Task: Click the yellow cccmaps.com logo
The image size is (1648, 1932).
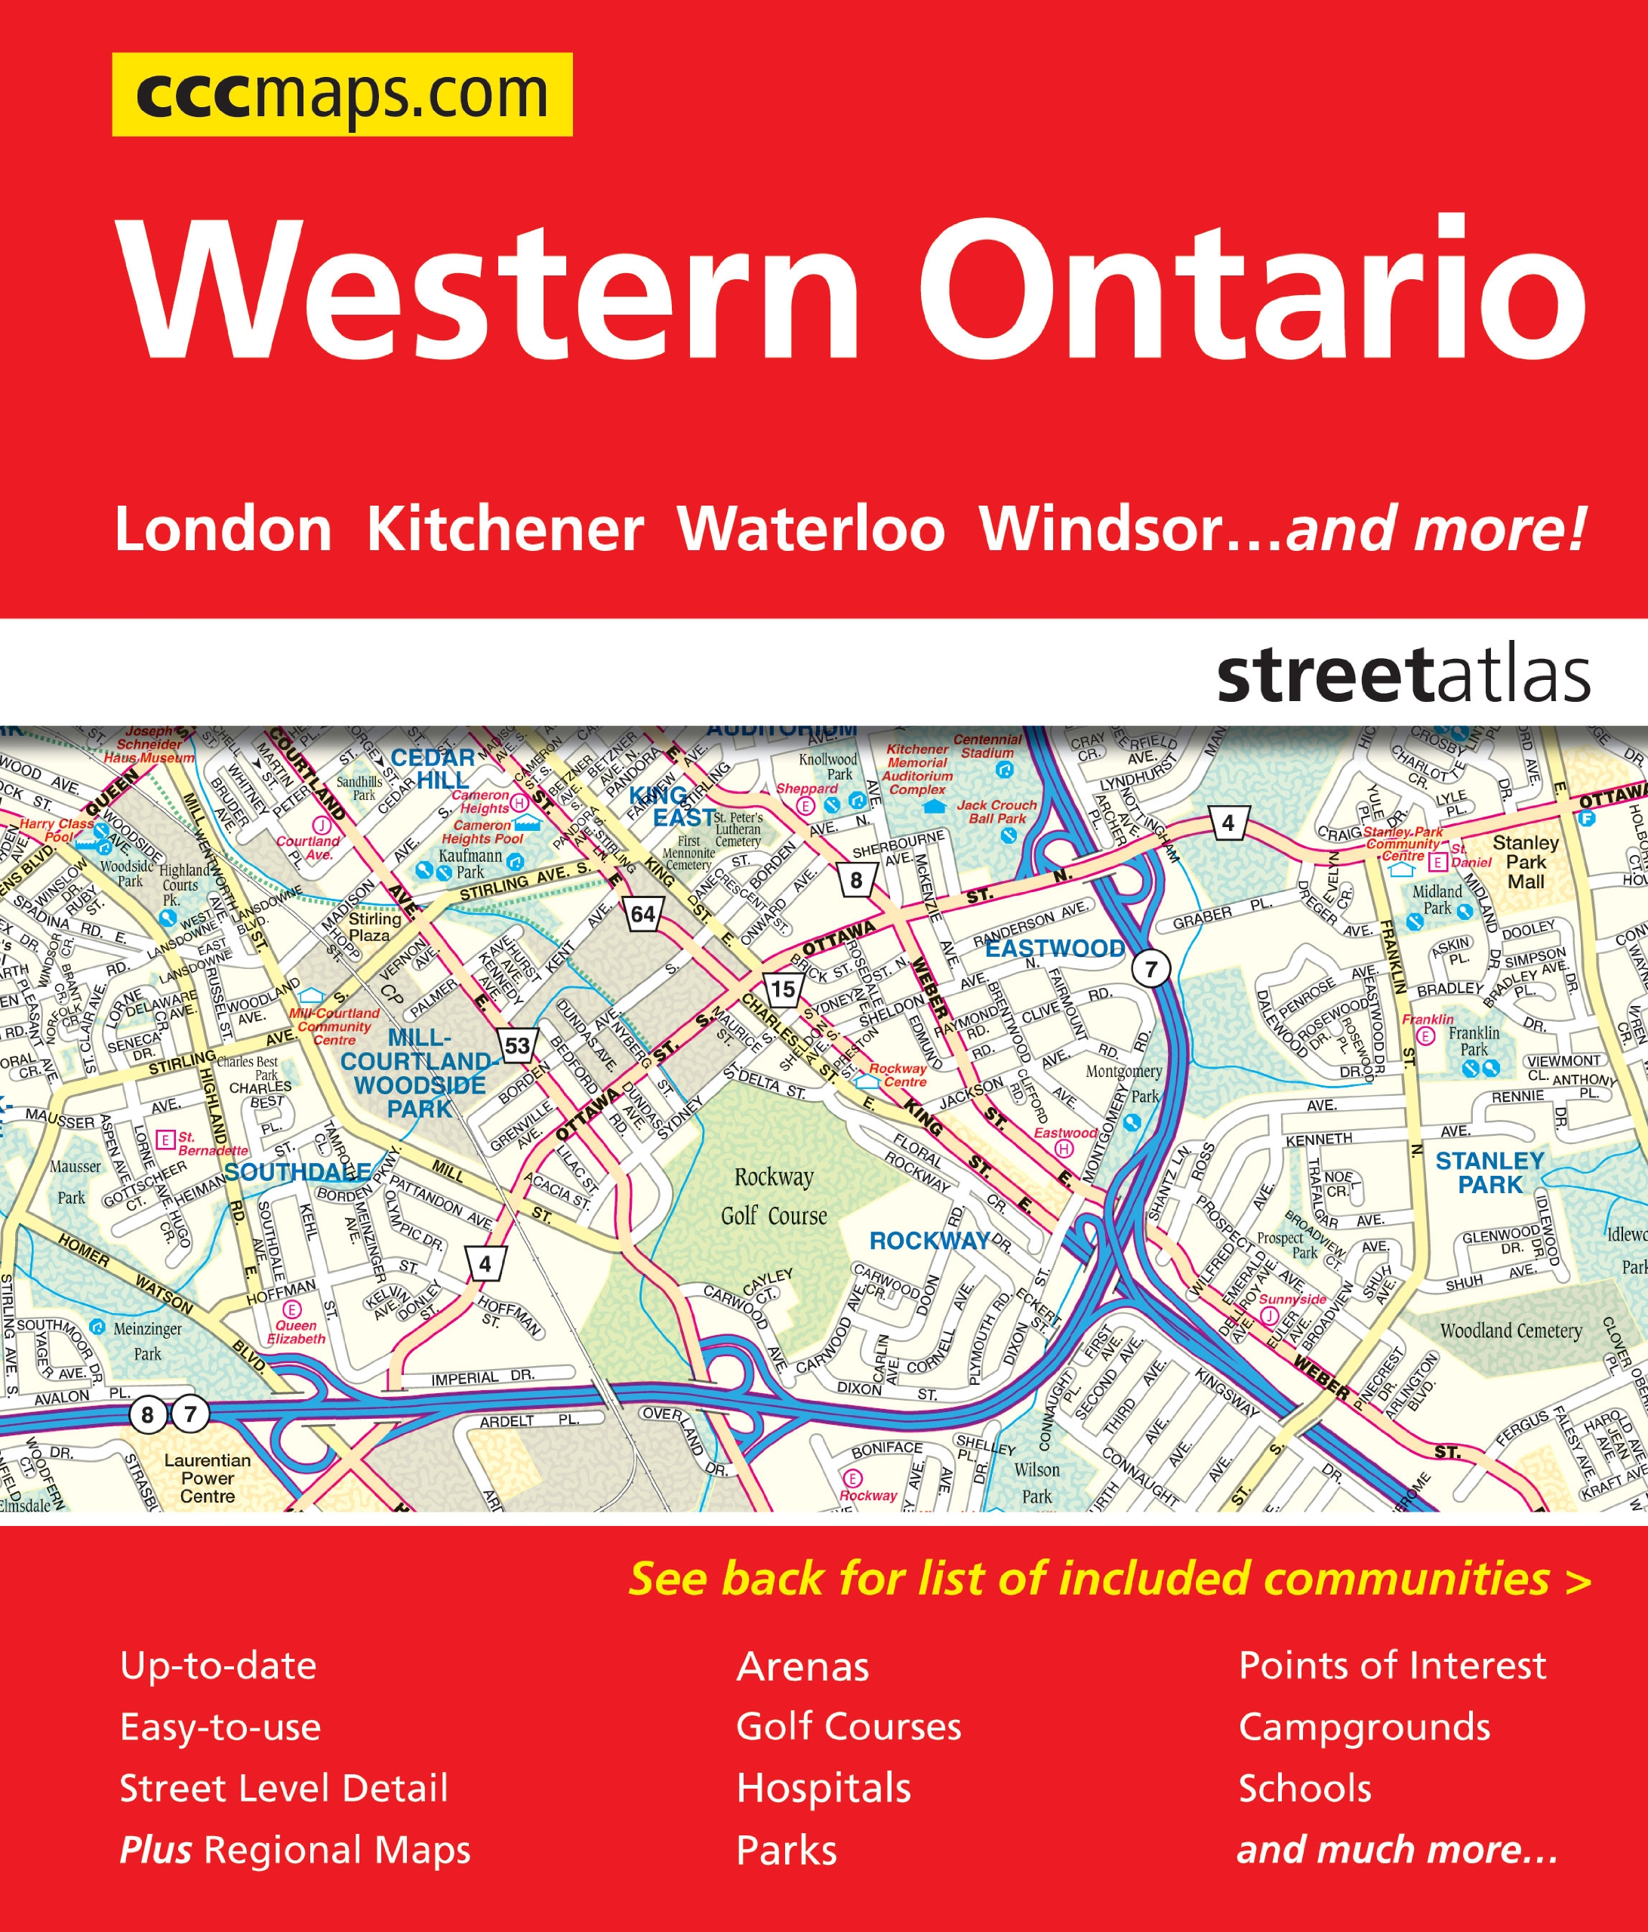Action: click(x=341, y=95)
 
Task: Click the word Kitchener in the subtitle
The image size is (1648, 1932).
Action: click(x=504, y=531)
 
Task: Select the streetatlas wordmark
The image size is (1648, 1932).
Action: click(x=1403, y=677)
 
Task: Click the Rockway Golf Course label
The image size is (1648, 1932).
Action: click(x=773, y=1196)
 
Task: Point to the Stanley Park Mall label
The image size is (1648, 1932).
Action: click(x=1525, y=862)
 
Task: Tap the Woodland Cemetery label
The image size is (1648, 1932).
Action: click(x=1510, y=1331)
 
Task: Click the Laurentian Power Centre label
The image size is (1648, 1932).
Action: click(x=207, y=1478)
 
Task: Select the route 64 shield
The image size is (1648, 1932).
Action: click(x=642, y=914)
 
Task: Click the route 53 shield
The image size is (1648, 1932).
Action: click(x=516, y=1046)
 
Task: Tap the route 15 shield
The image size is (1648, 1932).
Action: click(x=784, y=989)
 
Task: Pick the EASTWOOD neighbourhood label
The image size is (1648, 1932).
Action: click(x=1055, y=949)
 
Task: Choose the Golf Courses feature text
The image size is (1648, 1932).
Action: click(x=848, y=1727)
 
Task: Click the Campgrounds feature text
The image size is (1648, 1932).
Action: click(x=1363, y=1727)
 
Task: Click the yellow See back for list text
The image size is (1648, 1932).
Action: click(x=1109, y=1580)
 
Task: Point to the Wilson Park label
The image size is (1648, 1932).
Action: click(x=1037, y=1482)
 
